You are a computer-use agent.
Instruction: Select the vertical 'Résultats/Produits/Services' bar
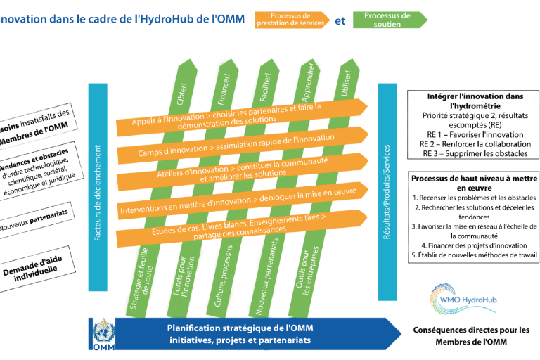[386, 190]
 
